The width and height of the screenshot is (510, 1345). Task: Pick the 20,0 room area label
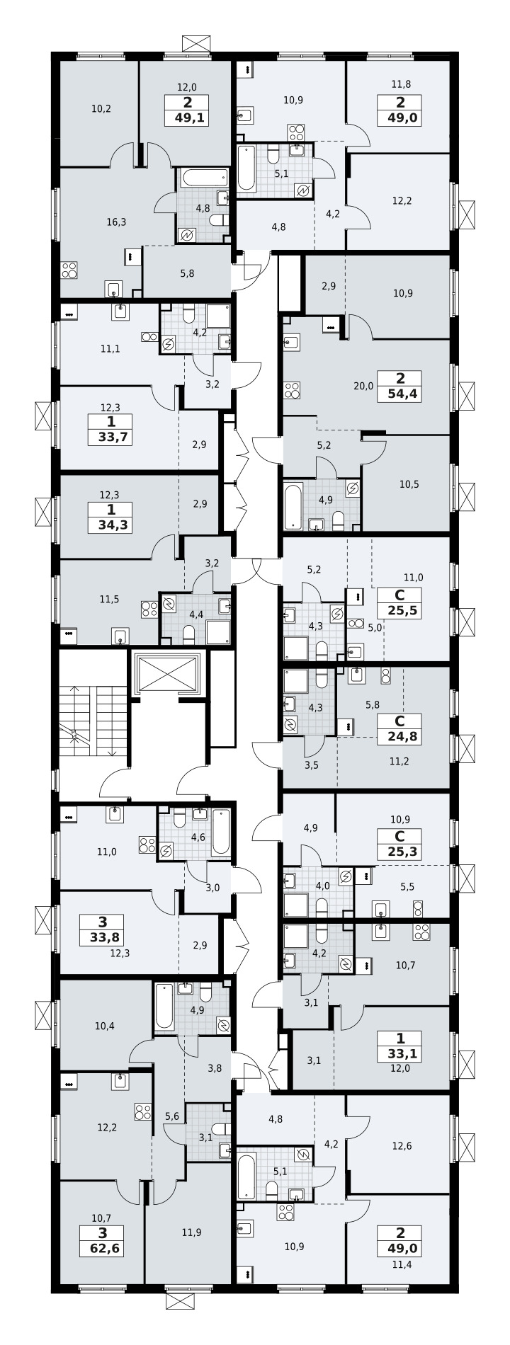(x=363, y=386)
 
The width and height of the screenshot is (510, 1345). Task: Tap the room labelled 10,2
(x=101, y=109)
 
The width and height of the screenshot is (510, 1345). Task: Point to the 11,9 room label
(x=191, y=1232)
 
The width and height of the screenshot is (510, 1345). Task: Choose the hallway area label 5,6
(x=171, y=1116)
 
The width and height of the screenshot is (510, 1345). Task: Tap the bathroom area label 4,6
(x=198, y=837)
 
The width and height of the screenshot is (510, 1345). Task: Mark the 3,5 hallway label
(x=311, y=765)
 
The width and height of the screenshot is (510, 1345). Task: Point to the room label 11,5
(x=109, y=599)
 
